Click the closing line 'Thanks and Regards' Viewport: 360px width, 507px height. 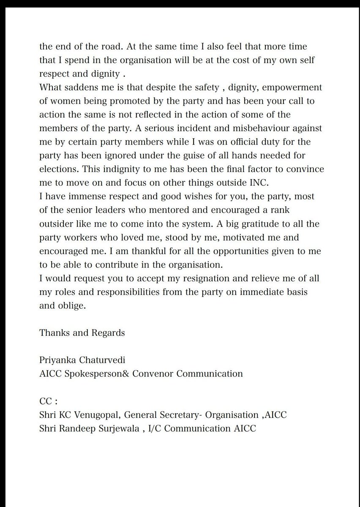82,333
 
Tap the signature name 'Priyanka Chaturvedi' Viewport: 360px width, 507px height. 78,360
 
